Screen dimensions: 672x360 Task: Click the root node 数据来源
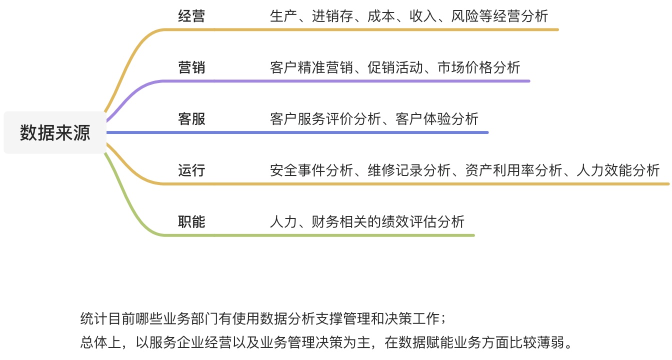(55, 133)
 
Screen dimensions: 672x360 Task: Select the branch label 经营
(191, 16)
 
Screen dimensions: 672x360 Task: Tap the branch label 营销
(191, 67)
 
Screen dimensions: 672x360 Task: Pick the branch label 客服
(191, 119)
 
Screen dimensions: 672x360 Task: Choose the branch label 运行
(191, 170)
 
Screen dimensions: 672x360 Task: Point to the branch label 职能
(191, 222)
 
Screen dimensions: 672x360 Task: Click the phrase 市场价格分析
(478, 67)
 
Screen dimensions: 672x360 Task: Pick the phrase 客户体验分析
(436, 119)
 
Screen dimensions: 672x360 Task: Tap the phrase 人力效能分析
(618, 170)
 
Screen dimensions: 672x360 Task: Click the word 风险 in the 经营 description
(464, 16)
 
